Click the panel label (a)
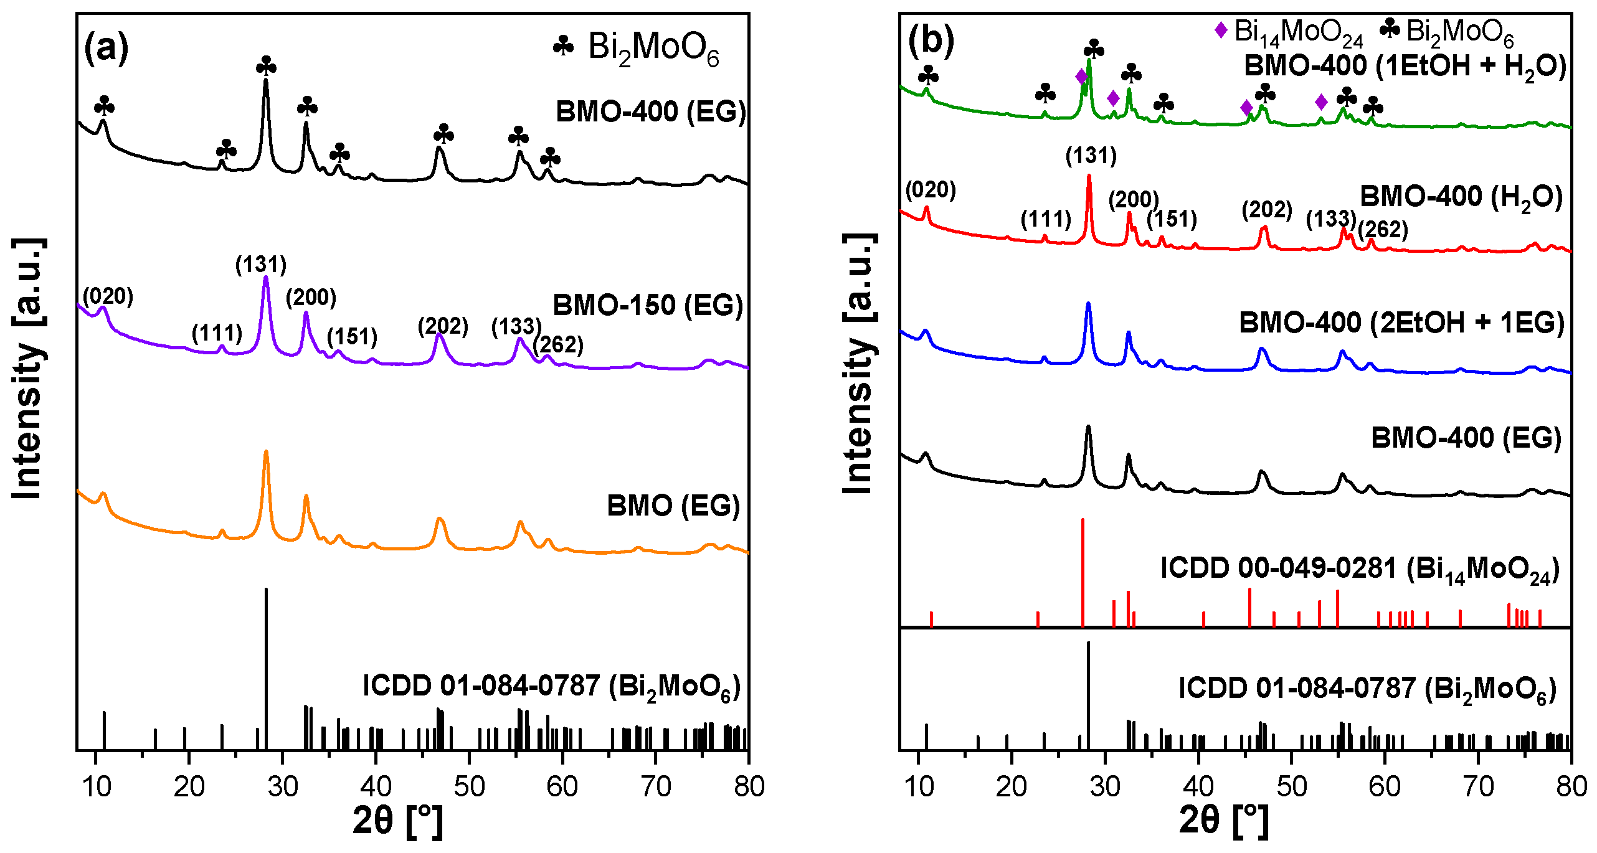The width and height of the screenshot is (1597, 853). [106, 48]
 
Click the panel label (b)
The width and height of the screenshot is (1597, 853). [931, 41]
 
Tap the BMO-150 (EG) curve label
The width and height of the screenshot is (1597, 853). [648, 306]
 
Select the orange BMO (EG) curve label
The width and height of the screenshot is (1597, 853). [673, 506]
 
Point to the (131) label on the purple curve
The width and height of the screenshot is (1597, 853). [260, 265]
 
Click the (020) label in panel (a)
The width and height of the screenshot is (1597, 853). [108, 296]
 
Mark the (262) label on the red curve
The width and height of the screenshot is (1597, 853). [1383, 229]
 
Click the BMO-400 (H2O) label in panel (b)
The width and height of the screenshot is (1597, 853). [1461, 197]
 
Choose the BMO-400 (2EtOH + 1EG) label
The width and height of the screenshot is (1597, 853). [1401, 323]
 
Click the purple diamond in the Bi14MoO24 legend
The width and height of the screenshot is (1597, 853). [1221, 29]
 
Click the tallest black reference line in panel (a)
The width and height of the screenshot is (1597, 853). [267, 669]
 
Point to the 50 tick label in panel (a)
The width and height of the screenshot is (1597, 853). [469, 787]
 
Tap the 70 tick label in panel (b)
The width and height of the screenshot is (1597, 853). [1478, 787]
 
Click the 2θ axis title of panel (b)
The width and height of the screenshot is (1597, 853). [1223, 821]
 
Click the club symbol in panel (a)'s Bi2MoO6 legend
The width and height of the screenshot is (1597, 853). [563, 46]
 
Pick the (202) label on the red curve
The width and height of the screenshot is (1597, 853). [1267, 210]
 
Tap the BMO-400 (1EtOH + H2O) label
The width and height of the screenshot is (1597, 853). [1405, 66]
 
